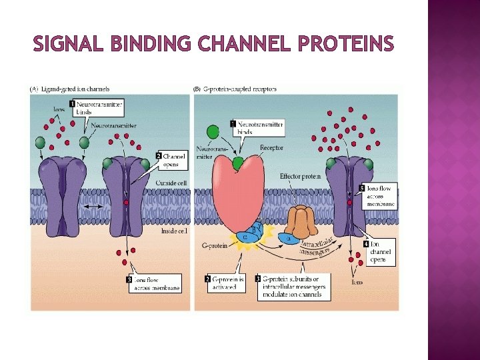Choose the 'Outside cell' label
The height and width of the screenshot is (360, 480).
[x=171, y=183]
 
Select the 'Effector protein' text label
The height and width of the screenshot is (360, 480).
[x=300, y=177]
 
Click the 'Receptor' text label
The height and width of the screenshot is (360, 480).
[x=271, y=147]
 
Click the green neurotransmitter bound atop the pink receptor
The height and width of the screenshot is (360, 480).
[x=238, y=162]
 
